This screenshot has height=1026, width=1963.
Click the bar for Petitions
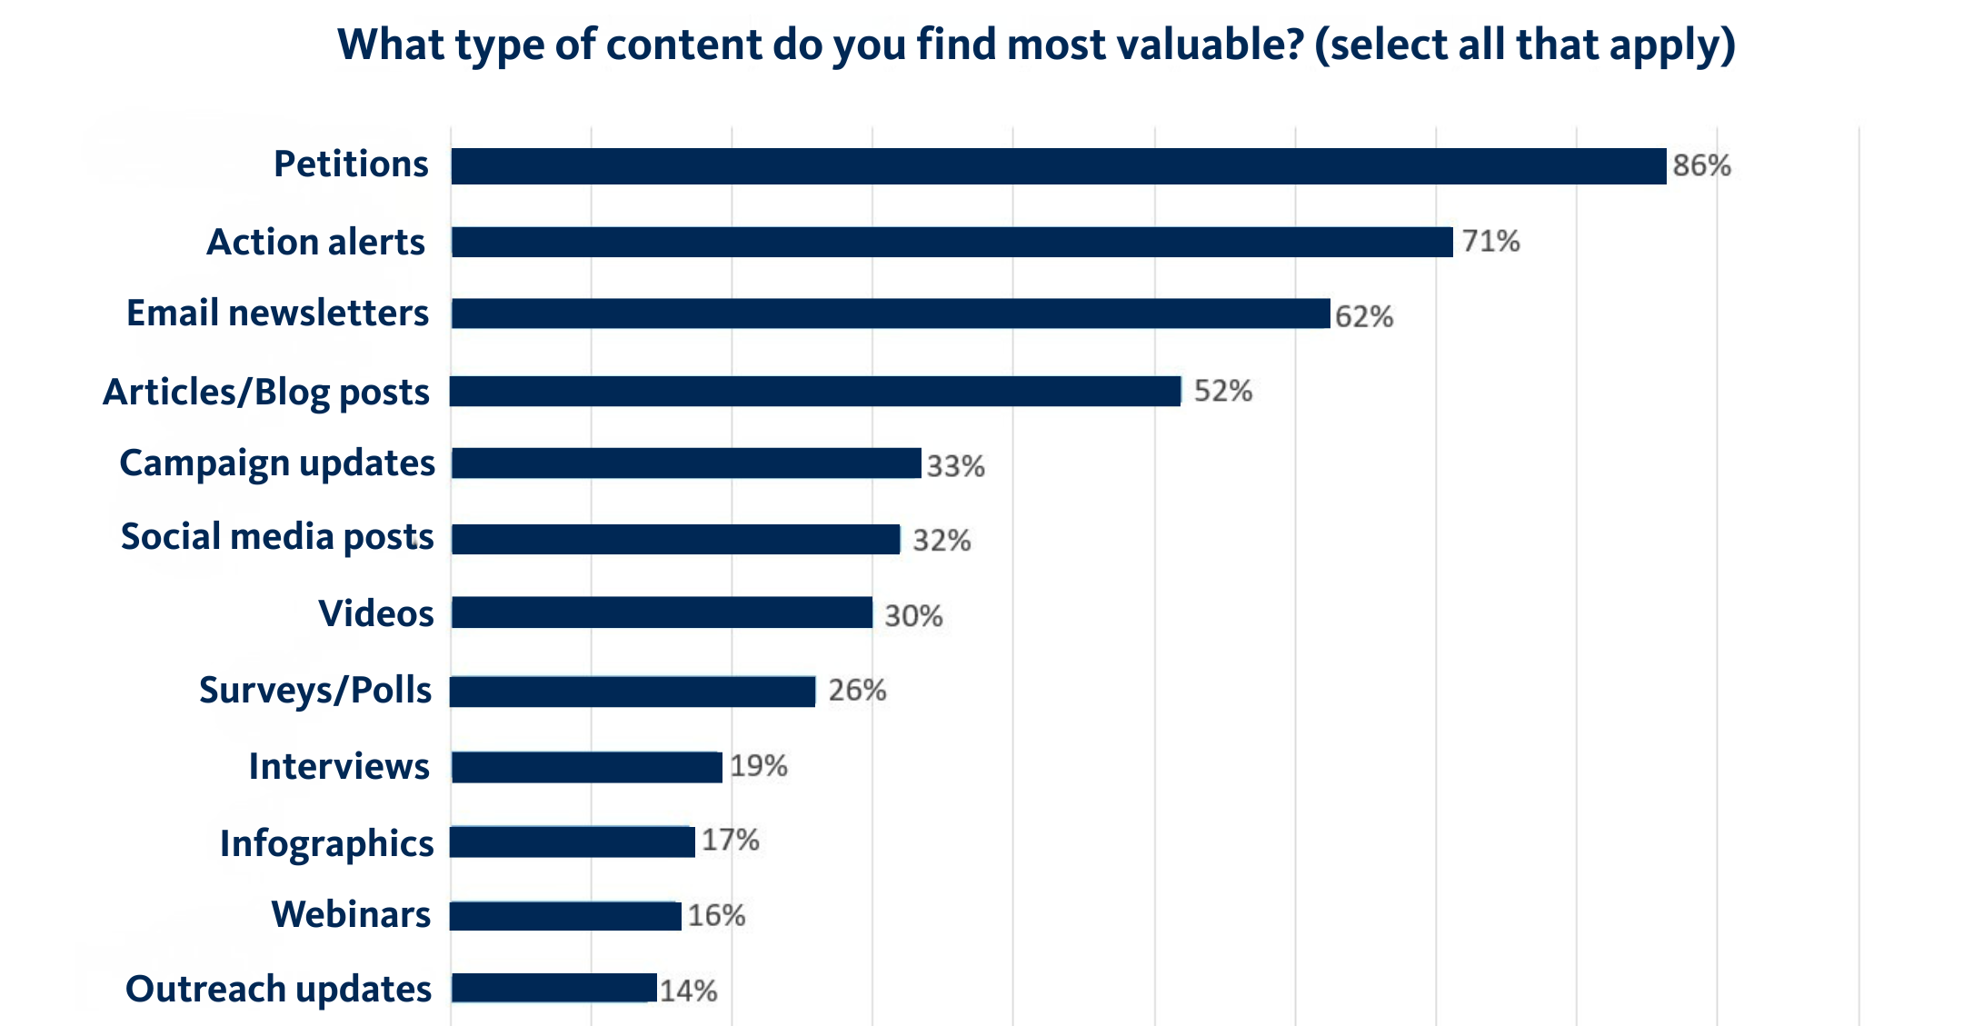click(x=1058, y=166)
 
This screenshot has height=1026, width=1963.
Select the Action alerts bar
click(x=952, y=242)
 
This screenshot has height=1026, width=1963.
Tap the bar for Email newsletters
click(x=891, y=314)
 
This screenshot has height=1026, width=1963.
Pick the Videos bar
click(x=662, y=613)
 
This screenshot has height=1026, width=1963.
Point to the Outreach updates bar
click(x=553, y=988)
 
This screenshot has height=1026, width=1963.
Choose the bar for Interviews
click(x=586, y=767)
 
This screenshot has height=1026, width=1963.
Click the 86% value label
click(x=1701, y=165)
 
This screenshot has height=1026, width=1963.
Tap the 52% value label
click(x=1222, y=391)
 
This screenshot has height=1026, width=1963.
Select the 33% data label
click(x=955, y=466)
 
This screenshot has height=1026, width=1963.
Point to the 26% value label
click(x=856, y=691)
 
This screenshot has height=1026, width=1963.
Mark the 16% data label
click(x=716, y=915)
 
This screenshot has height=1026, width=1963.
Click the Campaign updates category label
click(x=277, y=463)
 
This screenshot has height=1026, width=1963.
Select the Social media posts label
click(x=277, y=537)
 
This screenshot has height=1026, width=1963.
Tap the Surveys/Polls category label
click(x=315, y=691)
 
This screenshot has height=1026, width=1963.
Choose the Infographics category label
click(x=326, y=843)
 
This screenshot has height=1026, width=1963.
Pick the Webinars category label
click(x=351, y=914)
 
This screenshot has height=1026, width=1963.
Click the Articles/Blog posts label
click(x=266, y=393)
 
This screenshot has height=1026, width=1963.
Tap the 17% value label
click(x=730, y=840)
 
